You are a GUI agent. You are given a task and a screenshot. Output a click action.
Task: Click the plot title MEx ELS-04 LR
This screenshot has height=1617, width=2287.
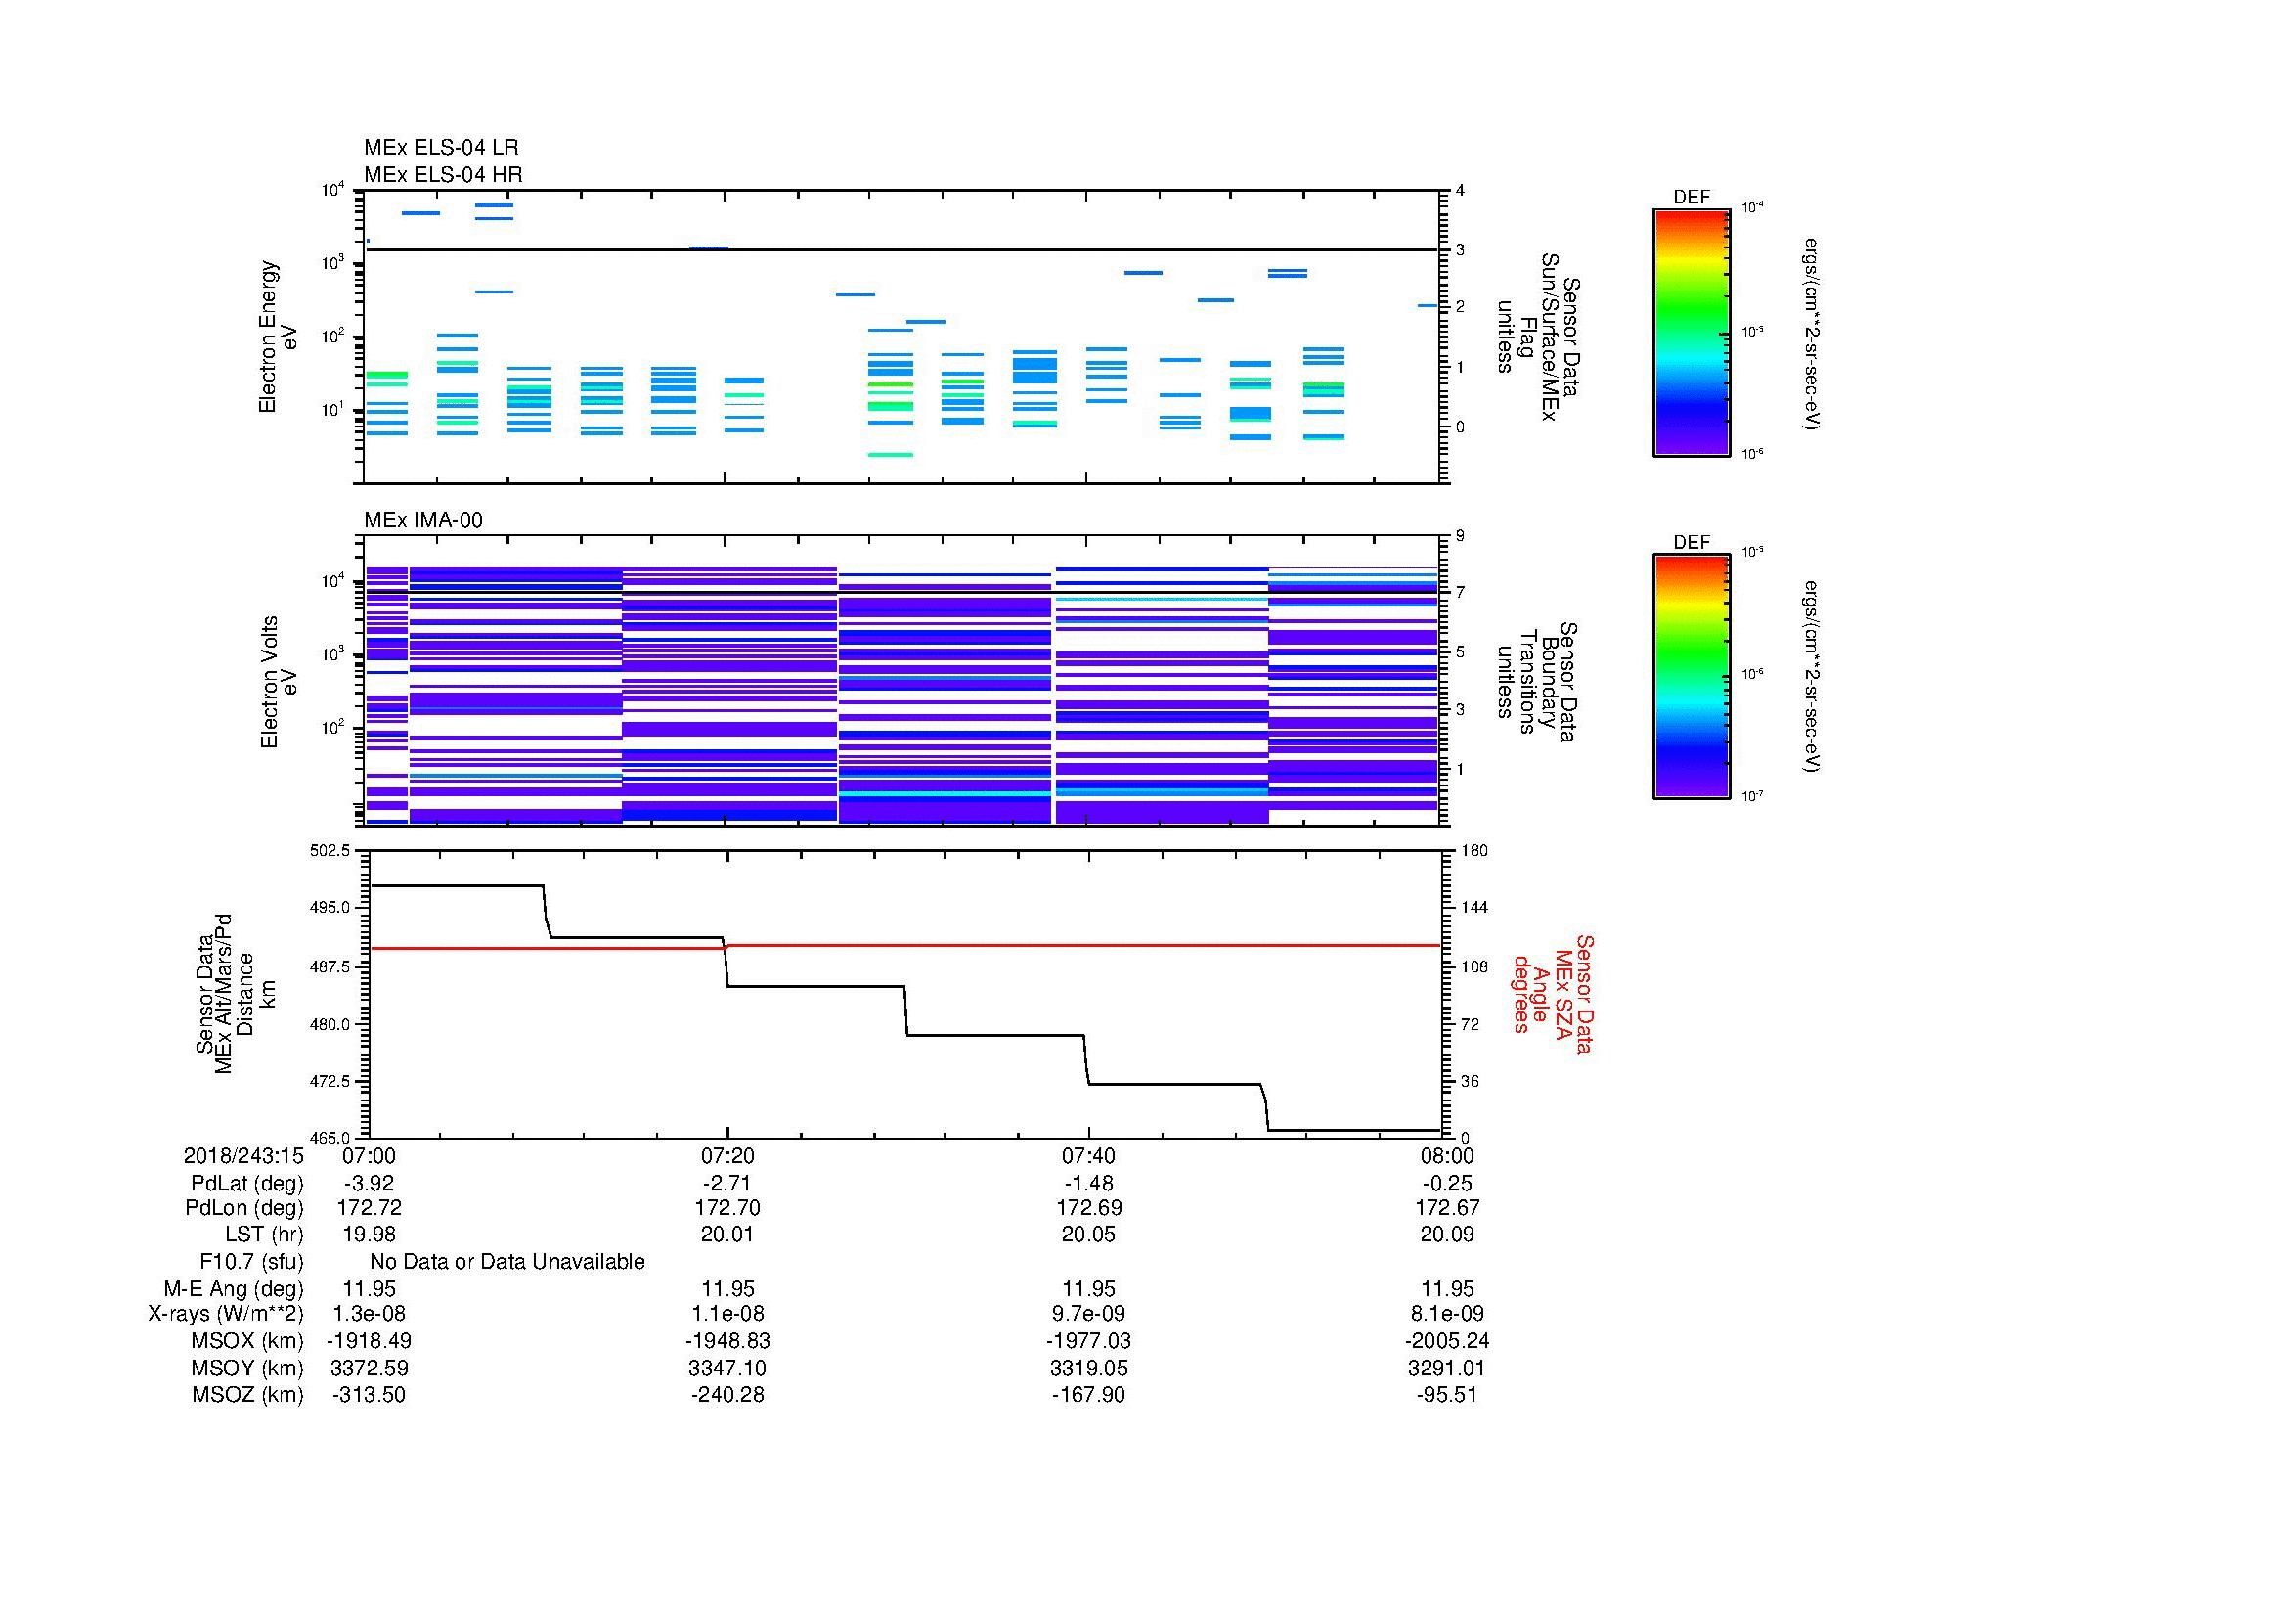(x=440, y=148)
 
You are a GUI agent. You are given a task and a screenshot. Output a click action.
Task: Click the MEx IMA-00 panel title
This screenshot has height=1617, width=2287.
(x=422, y=520)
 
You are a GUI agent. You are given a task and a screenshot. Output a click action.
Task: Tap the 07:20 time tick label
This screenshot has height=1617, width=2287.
(x=727, y=1155)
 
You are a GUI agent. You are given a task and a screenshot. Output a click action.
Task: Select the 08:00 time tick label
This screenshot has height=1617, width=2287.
(x=1447, y=1155)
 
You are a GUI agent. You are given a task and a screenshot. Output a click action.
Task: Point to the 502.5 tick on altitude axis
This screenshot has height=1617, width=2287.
(x=330, y=851)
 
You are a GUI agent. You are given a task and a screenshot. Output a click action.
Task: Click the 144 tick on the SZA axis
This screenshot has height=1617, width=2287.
(x=1473, y=908)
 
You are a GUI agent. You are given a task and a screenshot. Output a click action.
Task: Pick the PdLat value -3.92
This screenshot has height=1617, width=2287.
(x=369, y=1184)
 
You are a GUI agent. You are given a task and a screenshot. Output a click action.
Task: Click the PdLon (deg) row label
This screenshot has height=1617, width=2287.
(x=244, y=1208)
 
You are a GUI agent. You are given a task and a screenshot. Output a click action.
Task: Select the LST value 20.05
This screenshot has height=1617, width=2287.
(x=1087, y=1235)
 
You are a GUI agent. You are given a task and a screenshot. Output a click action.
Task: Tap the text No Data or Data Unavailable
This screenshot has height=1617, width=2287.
(x=507, y=1262)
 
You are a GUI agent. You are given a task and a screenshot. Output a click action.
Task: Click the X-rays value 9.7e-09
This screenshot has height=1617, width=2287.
(x=1087, y=1314)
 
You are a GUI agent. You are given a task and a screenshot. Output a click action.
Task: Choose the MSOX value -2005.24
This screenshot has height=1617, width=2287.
(x=1447, y=1341)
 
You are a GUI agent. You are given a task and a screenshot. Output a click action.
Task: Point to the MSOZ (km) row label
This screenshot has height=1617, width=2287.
(x=247, y=1395)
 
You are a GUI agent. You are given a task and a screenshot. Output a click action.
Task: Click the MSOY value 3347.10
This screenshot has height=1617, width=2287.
(x=727, y=1368)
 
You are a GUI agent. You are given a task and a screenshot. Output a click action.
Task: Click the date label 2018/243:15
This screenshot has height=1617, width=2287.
(x=243, y=1155)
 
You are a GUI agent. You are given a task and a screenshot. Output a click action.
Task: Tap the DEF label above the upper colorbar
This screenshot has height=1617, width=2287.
(x=1691, y=198)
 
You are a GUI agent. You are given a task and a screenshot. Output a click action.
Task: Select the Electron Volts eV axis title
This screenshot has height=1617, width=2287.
(x=279, y=682)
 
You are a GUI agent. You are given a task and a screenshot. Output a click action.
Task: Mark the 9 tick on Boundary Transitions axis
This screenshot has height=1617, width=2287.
(x=1460, y=536)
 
